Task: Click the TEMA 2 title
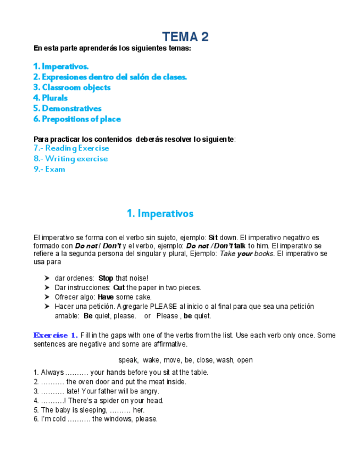coord(185,37)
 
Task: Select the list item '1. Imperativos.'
coord(60,66)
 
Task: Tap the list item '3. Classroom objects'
coord(71,87)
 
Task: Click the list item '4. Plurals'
coord(50,98)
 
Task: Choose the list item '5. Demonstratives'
coord(67,108)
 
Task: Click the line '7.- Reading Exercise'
coord(71,148)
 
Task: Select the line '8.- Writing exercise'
coord(70,159)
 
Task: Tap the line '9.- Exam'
coord(49,169)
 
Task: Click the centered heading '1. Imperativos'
coord(160,213)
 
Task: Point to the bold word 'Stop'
coord(106,279)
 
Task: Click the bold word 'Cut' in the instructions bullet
coord(119,287)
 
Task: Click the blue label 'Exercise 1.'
coord(55,335)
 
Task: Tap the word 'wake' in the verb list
coord(152,360)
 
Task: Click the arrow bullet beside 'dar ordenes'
coord(47,279)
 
